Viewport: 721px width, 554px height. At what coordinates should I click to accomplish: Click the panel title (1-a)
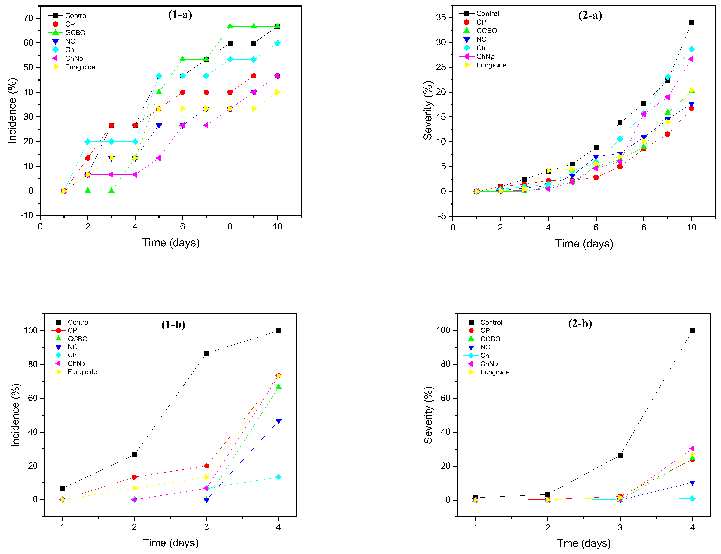(180, 15)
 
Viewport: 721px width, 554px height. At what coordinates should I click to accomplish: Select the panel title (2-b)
(580, 324)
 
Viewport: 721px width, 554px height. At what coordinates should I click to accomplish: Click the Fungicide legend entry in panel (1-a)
(80, 67)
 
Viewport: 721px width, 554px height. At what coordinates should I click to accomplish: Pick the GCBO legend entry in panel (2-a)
(486, 31)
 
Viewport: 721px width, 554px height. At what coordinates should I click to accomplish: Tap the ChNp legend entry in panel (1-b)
(76, 363)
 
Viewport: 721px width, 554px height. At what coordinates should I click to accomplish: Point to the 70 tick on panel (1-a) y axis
(29, 18)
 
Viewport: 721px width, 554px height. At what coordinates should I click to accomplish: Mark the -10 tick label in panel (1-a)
(27, 216)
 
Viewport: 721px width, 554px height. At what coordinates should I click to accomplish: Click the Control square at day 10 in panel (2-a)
(691, 23)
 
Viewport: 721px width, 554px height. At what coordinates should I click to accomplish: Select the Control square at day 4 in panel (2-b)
(692, 330)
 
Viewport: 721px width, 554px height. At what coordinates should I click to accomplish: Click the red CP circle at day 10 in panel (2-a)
(691, 109)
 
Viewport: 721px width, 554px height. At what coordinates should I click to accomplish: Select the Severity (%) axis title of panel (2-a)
(428, 110)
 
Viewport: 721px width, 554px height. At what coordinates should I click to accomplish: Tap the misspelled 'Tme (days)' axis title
(584, 543)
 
